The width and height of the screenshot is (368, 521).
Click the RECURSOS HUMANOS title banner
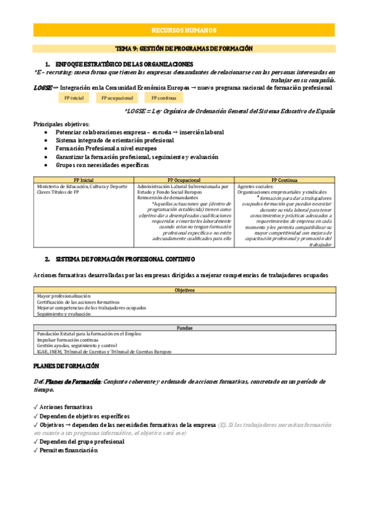(184, 30)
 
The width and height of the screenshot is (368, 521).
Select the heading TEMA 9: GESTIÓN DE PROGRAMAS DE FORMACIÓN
(184, 49)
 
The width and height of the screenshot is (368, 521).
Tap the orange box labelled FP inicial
(73, 97)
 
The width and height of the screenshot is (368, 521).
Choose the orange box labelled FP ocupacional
(116, 97)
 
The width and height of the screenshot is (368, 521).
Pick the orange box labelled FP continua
(163, 97)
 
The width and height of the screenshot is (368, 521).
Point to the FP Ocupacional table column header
(184, 181)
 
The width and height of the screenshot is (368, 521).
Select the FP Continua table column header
(284, 181)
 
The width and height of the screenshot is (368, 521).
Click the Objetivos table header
(184, 290)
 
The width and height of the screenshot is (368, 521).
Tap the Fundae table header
(184, 327)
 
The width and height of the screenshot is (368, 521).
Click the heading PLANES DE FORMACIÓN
(66, 366)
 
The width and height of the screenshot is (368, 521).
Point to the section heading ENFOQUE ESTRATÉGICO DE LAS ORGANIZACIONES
(124, 64)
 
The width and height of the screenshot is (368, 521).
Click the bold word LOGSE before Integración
(42, 88)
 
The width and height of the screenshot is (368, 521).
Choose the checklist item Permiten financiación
(68, 450)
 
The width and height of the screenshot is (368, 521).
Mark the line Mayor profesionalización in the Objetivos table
(60, 296)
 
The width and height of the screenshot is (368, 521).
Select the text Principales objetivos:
(61, 124)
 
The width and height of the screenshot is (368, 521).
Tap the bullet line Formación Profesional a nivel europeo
(106, 149)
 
